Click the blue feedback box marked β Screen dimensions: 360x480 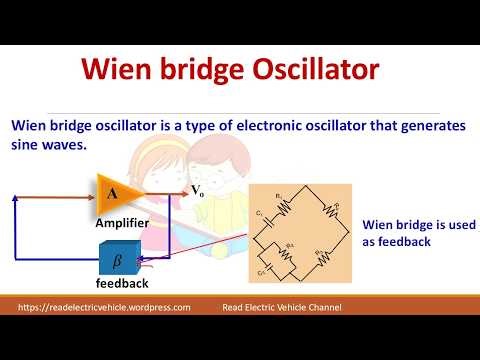click(x=117, y=259)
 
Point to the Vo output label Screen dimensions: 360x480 click(x=197, y=190)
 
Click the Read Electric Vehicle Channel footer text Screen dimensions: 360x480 click(x=281, y=308)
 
